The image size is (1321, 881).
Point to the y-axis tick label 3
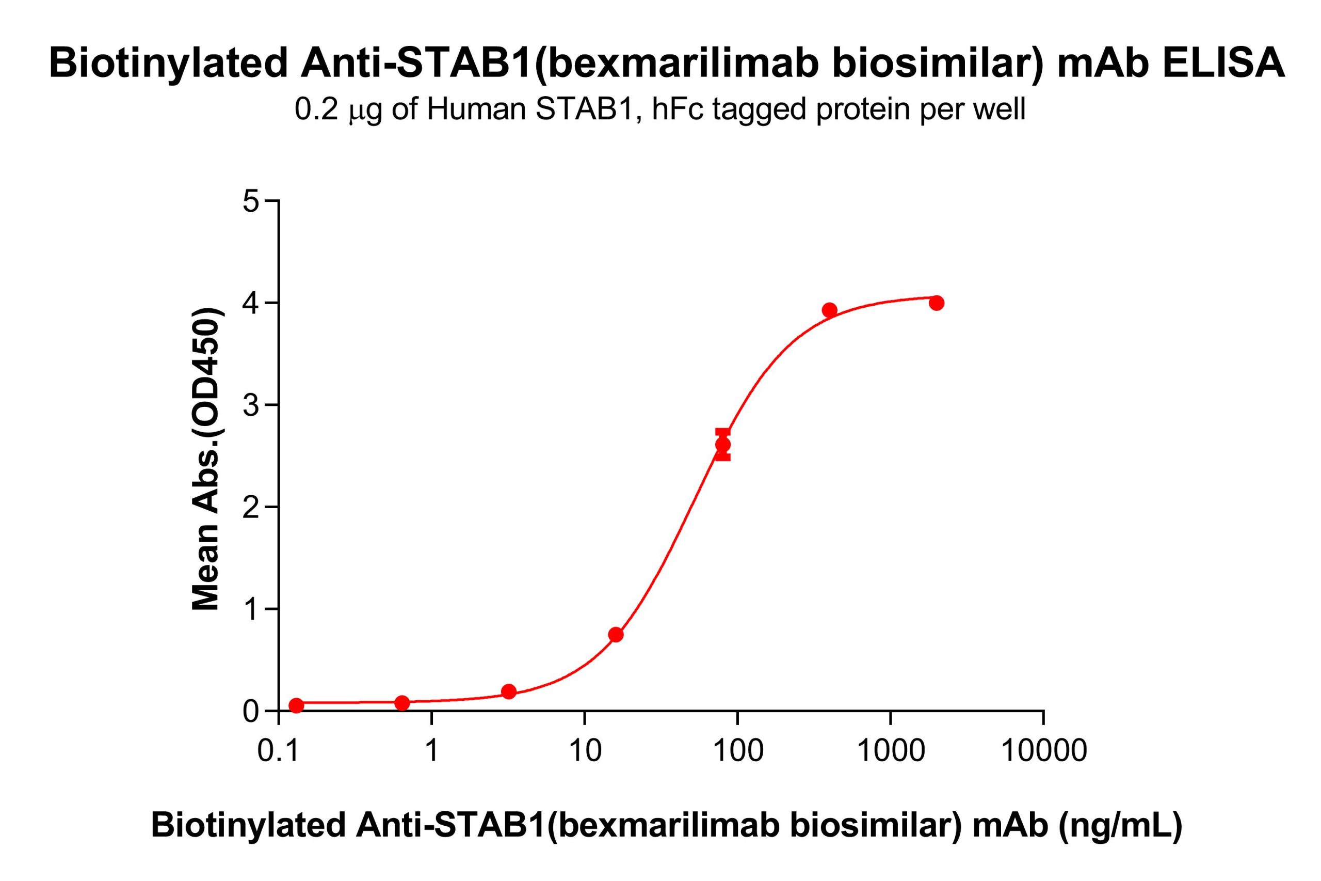pyautogui.click(x=252, y=405)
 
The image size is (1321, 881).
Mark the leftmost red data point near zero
pyautogui.click(x=296, y=705)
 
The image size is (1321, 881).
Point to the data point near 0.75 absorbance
pyautogui.click(x=616, y=635)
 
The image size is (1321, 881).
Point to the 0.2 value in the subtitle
pyautogui.click(x=316, y=109)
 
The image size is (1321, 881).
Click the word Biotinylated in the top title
pyautogui.click(x=168, y=63)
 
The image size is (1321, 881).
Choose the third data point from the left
pyautogui.click(x=509, y=691)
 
